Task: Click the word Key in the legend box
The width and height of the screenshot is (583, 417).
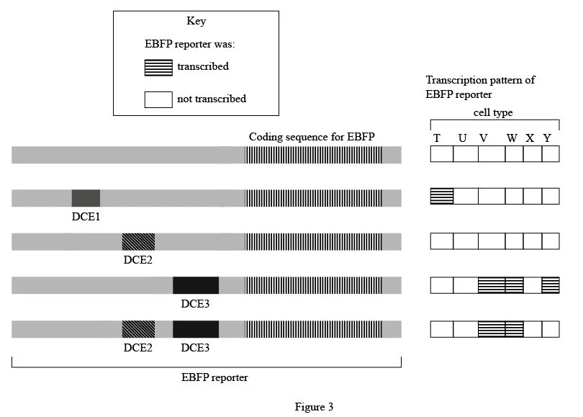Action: [x=196, y=22]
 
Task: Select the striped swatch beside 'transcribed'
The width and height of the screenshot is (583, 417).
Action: [x=158, y=67]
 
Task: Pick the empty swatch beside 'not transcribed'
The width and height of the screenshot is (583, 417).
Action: [x=158, y=99]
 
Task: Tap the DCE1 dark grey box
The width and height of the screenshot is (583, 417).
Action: [x=86, y=197]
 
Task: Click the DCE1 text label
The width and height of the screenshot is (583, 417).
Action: [x=86, y=215]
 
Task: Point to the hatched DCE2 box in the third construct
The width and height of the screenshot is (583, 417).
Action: [x=137, y=241]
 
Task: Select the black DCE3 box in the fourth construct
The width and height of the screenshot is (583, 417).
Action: [x=195, y=285]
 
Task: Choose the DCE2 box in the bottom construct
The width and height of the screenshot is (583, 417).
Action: [x=137, y=329]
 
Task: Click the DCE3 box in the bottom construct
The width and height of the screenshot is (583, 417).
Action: [x=195, y=329]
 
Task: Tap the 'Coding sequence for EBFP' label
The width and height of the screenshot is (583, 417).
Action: [x=312, y=137]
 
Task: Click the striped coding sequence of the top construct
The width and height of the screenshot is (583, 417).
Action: [x=313, y=154]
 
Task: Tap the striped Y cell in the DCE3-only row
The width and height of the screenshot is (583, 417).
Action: [x=551, y=284]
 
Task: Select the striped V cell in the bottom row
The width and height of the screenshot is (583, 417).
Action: [x=492, y=329]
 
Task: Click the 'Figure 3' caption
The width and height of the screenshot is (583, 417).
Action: [x=314, y=407]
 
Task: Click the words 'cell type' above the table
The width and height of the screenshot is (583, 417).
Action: [x=493, y=113]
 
